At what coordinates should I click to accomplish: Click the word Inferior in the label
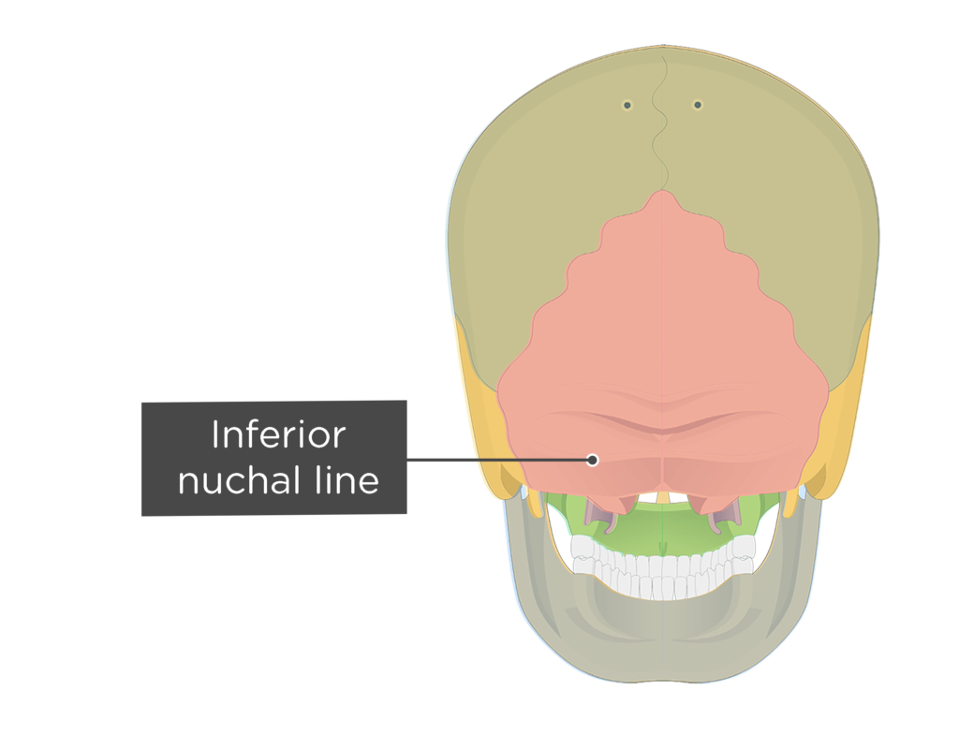point(277,435)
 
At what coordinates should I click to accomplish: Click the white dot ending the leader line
point(592,460)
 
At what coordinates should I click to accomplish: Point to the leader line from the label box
point(496,460)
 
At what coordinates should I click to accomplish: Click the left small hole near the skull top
point(627,105)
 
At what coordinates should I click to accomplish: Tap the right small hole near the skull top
point(698,105)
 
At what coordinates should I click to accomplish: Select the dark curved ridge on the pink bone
point(663,426)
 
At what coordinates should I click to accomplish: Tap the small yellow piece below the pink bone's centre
point(663,496)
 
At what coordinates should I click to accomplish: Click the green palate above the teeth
point(663,534)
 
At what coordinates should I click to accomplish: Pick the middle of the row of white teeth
point(663,571)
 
